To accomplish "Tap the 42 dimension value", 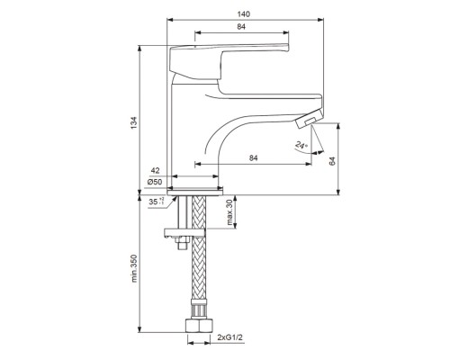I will [156, 171].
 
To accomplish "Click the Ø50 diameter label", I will [155, 184].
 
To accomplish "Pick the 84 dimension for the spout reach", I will [253, 159].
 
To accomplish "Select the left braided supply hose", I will [189, 270].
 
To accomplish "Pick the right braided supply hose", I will [203, 270].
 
